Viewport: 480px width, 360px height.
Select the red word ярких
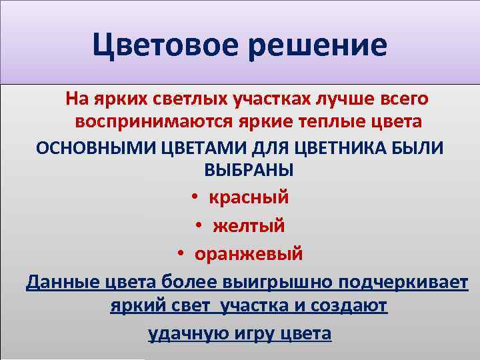(x=114, y=99)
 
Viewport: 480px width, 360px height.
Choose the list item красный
(x=249, y=197)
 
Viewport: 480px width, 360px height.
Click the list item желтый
(x=249, y=226)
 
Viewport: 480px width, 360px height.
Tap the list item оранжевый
(x=249, y=254)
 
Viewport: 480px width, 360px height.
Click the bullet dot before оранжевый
(x=181, y=255)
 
